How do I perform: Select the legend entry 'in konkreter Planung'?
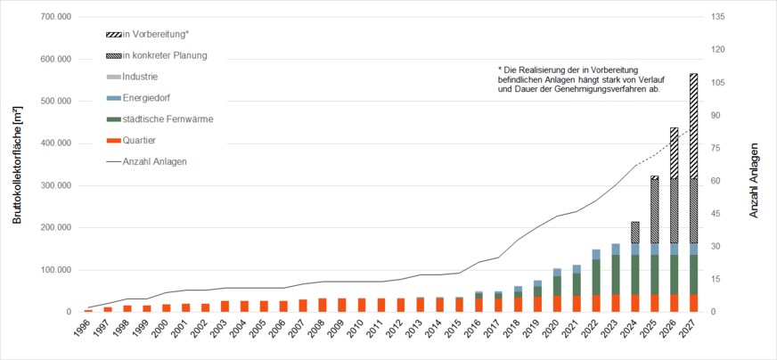pyautogui.click(x=164, y=55)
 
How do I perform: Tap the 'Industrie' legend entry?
pyautogui.click(x=140, y=77)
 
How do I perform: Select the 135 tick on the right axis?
pyautogui.click(x=717, y=17)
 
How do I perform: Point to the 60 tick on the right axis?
pyautogui.click(x=715, y=181)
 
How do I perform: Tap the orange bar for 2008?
pyautogui.click(x=323, y=305)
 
